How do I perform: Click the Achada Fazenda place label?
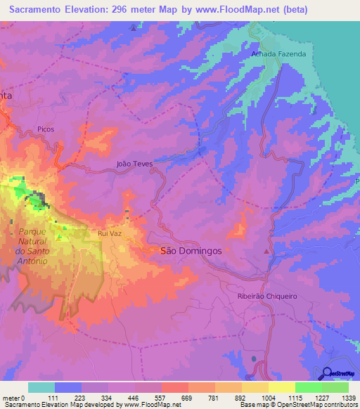tap(278, 54)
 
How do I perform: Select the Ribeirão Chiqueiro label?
tap(267, 297)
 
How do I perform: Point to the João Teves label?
tap(134, 163)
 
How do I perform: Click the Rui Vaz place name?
tap(111, 233)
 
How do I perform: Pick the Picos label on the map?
tap(46, 129)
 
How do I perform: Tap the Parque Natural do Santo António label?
tap(29, 246)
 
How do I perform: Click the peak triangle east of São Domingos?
tap(266, 251)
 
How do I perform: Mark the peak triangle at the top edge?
tap(134, 27)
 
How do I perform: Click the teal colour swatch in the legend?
tap(41, 387)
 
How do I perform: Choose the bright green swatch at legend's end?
tap(335, 387)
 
